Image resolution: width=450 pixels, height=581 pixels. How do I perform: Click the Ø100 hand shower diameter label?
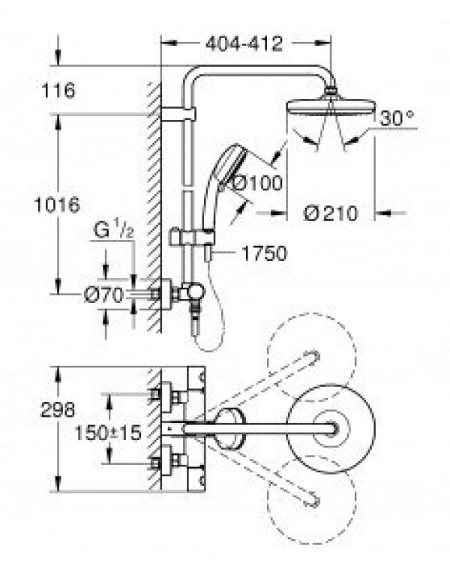tap(257, 181)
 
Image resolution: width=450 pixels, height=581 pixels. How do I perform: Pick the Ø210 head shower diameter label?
tap(330, 213)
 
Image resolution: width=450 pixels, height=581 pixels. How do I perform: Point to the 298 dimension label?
tap(58, 410)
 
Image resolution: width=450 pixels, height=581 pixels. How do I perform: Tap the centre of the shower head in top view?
tap(331, 426)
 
